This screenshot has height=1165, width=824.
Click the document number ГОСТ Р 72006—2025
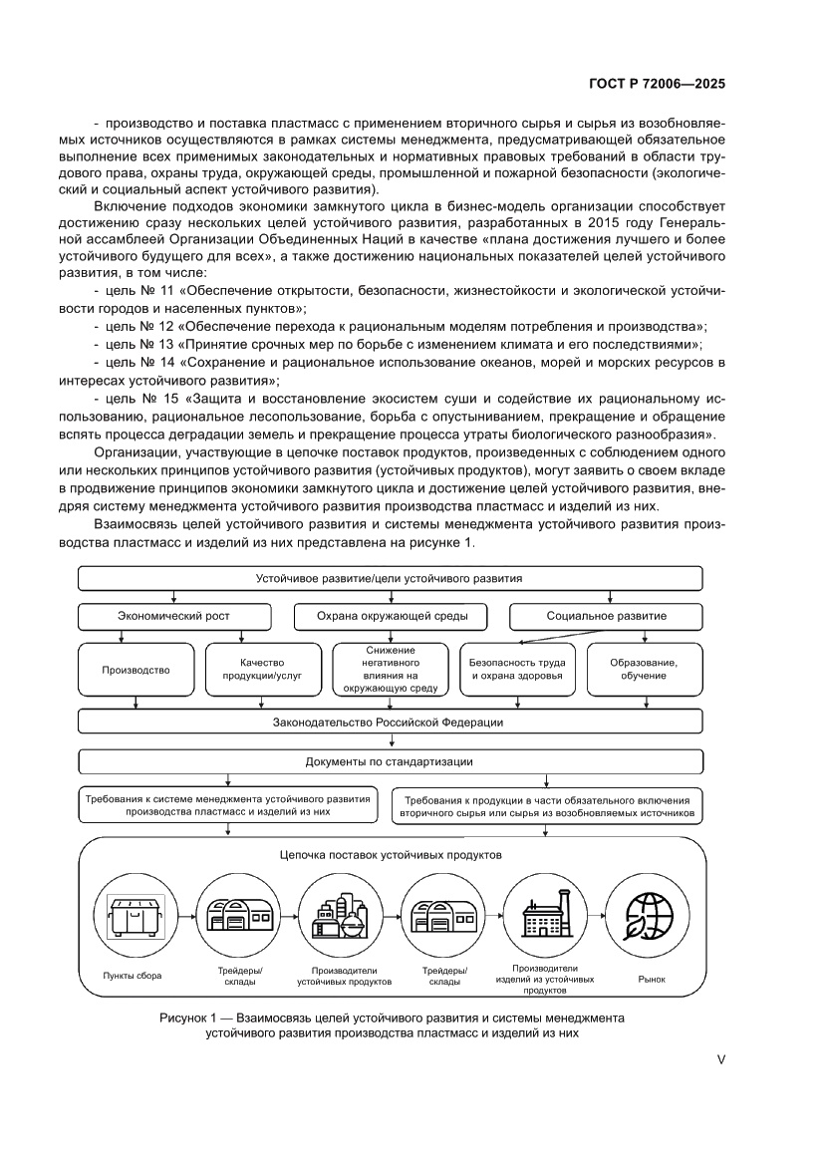[653, 85]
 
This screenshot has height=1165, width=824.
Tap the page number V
[720, 1060]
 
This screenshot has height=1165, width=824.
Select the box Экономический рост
[175, 616]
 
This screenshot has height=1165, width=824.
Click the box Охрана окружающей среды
[391, 616]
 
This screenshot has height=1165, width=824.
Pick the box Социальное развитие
[606, 616]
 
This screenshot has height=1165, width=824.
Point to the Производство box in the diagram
[136, 670]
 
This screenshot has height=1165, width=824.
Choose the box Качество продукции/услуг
[263, 670]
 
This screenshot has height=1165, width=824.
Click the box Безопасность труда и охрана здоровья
[517, 670]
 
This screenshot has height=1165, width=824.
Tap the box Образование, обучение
[645, 670]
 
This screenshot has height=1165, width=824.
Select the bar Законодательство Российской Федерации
[391, 722]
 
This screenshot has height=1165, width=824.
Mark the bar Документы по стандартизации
[391, 761]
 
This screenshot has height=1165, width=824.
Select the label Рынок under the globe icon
[651, 979]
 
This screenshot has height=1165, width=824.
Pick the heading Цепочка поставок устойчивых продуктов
[391, 855]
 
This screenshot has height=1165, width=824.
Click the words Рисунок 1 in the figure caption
[188, 1019]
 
